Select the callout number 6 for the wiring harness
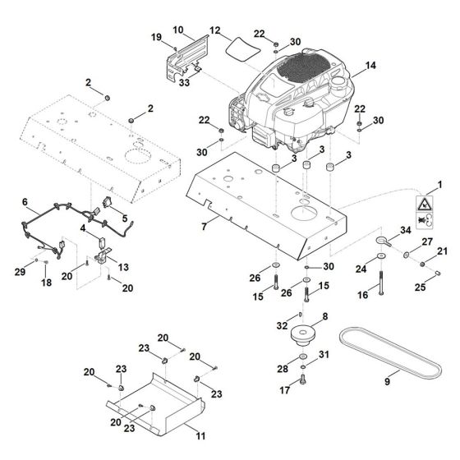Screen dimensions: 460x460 25,201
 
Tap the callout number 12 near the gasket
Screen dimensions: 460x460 215,30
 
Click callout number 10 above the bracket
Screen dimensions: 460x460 178,30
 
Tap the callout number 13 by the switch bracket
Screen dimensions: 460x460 125,268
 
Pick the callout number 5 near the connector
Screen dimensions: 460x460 124,219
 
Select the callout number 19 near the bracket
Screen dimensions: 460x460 156,38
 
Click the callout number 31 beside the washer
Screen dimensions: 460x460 324,354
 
